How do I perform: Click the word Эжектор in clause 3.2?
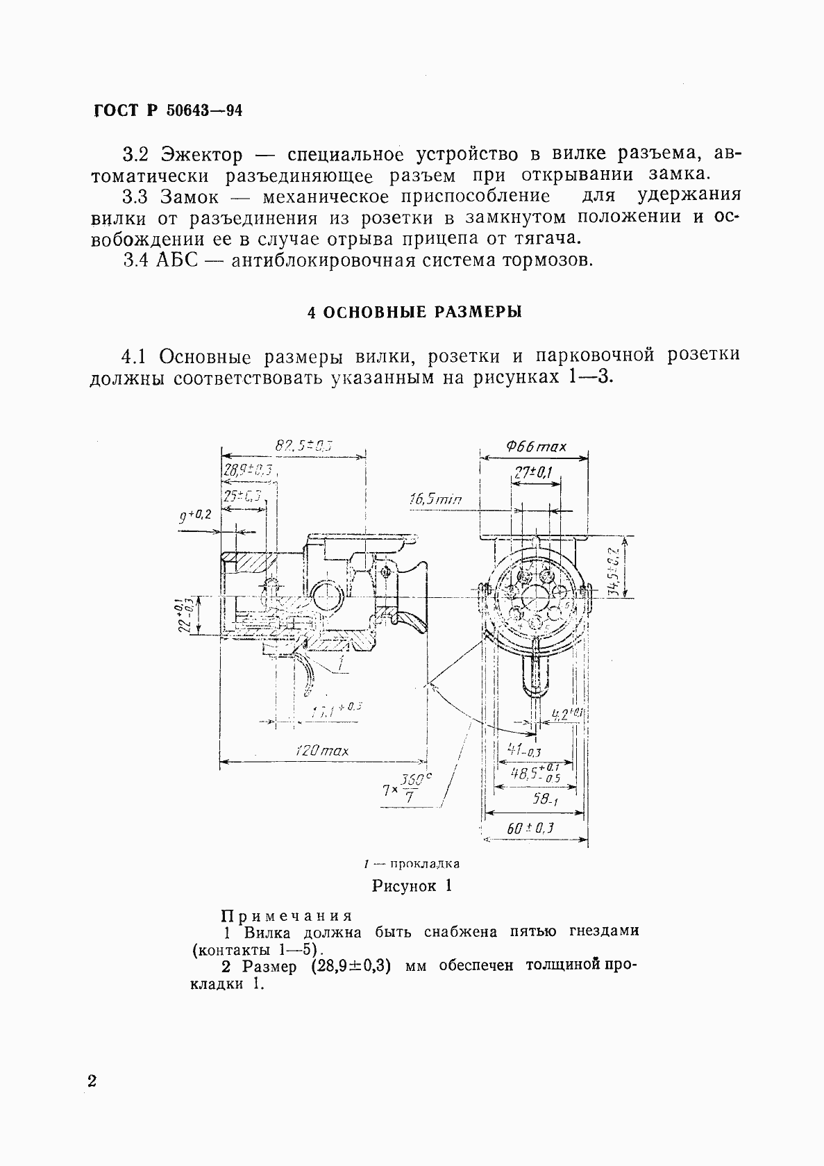(201, 153)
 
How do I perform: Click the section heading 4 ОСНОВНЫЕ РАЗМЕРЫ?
(414, 312)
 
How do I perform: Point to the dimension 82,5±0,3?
(303, 446)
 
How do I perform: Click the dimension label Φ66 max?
(535, 447)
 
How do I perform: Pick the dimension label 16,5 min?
(435, 499)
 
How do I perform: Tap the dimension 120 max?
(321, 750)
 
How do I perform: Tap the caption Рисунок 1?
(412, 885)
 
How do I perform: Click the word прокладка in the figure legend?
(425, 864)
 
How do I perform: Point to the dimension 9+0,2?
(195, 516)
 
